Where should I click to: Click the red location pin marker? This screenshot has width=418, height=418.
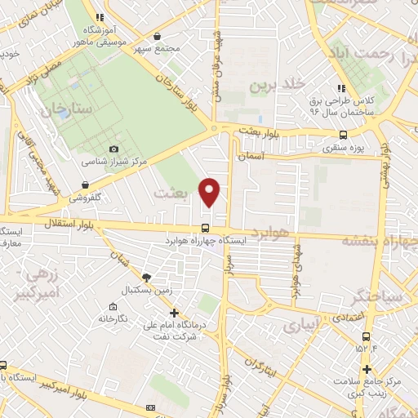pos(210,191)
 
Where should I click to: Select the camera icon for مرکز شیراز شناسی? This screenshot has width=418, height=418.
pos(113,149)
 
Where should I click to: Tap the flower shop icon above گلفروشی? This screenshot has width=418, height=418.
pos(85,184)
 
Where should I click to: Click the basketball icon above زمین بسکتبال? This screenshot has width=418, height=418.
pos(145,278)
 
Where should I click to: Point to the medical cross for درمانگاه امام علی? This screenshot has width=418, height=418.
pos(173,312)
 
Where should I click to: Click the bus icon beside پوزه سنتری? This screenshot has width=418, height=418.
pos(343,136)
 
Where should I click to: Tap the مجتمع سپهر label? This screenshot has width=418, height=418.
pos(181,47)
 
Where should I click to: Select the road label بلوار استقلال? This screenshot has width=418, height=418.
pos(54,221)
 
